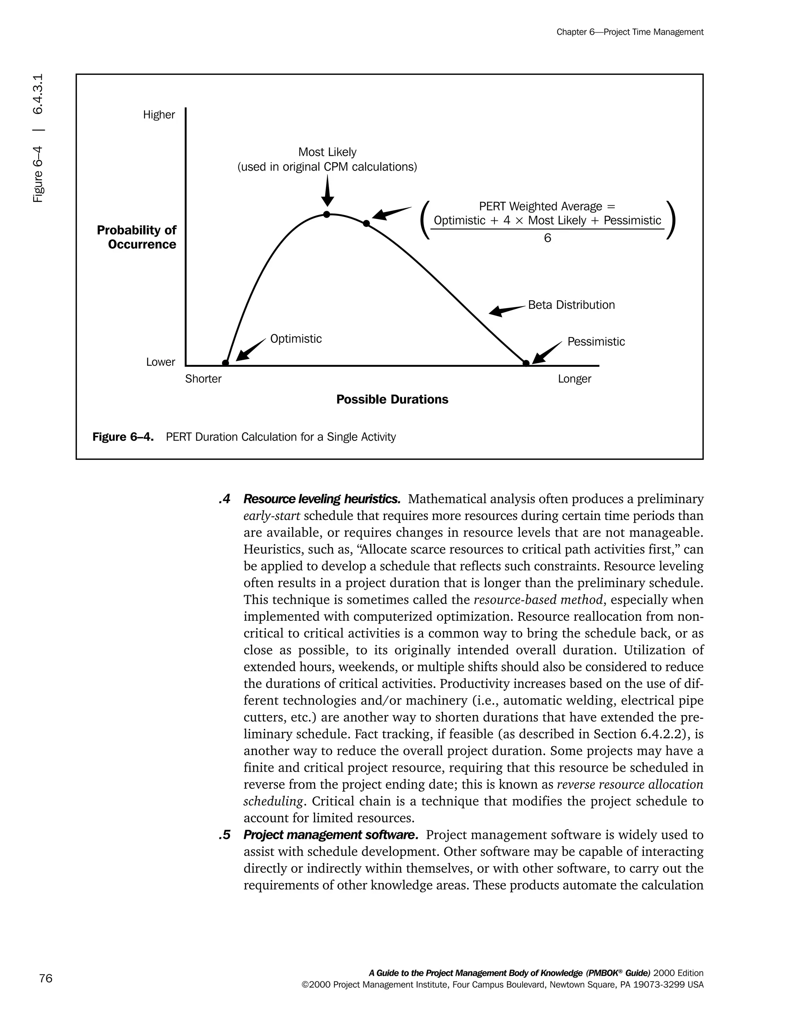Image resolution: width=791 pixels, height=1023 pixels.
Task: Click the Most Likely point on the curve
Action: (327, 215)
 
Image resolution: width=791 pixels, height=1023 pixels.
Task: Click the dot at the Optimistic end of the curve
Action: (226, 363)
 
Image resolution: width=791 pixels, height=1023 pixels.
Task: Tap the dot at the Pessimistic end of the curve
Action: (526, 363)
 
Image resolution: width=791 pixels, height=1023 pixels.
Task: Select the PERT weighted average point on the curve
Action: (367, 224)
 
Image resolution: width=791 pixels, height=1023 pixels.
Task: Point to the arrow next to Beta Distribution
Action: (506, 310)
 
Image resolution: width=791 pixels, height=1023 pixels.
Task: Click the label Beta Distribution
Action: (571, 305)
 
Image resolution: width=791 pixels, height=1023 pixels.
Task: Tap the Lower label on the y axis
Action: (160, 362)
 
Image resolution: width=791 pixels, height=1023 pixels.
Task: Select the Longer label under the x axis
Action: (574, 379)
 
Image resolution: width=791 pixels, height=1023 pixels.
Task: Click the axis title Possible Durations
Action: (392, 400)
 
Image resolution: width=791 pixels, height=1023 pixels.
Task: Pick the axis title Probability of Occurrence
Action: (137, 237)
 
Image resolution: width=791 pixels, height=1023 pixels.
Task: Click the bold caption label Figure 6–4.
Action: (123, 437)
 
